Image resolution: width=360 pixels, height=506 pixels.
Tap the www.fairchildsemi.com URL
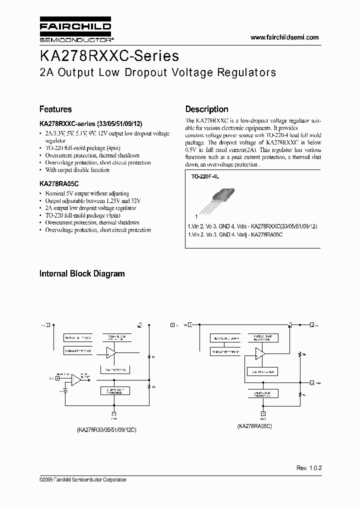coord(284,37)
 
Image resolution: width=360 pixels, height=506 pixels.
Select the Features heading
coord(55,109)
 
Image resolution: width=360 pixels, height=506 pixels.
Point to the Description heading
coord(206,109)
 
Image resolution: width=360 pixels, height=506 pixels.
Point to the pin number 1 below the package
coord(196,217)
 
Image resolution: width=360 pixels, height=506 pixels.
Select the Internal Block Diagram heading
coord(82,273)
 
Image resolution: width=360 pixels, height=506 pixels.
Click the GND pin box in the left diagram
coord(113,414)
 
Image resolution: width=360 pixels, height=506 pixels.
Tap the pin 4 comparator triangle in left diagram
coord(76,380)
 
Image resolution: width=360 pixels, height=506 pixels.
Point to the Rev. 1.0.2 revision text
coord(308,468)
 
